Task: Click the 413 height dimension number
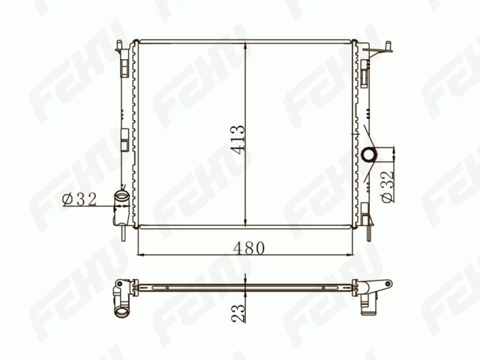[238, 139]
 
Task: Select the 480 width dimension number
[248, 248]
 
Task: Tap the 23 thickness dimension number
[238, 313]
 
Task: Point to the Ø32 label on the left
[79, 199]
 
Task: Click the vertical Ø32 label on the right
[387, 187]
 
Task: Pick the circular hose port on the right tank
[368, 154]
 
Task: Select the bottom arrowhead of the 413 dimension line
[246, 223]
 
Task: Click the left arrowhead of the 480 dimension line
[142, 254]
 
